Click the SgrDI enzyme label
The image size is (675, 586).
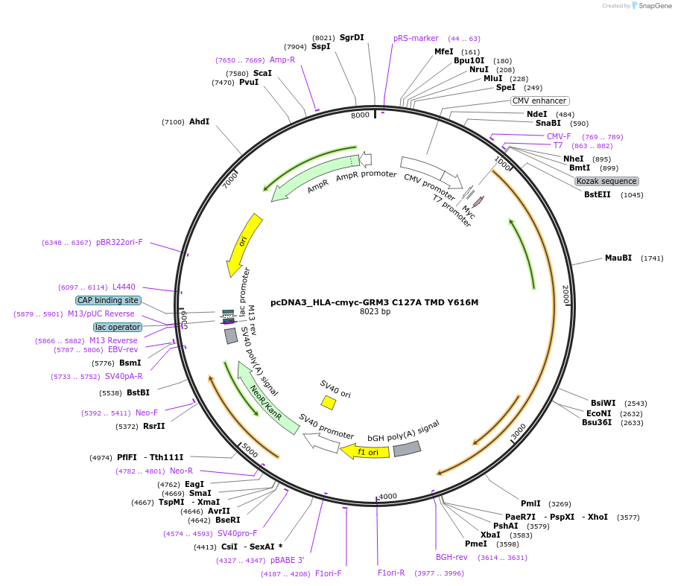[352, 37]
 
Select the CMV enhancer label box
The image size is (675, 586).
[540, 101]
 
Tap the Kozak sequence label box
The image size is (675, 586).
[606, 181]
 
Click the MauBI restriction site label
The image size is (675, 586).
[618, 258]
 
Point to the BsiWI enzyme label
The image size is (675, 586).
[603, 403]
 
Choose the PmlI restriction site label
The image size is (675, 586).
[531, 503]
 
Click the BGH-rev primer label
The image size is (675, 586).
[451, 556]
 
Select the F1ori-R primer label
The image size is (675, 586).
[391, 573]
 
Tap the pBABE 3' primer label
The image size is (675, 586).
[287, 560]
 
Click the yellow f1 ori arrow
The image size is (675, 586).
[365, 451]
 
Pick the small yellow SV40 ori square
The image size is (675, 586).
[328, 402]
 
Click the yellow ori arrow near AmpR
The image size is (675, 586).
[243, 244]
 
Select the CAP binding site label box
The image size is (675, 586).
[107, 300]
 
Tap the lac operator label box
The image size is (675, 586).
[117, 327]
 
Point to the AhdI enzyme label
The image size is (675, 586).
[199, 121]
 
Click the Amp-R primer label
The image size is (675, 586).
[282, 60]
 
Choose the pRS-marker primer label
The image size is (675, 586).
[416, 38]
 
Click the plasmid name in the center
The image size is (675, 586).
[374, 302]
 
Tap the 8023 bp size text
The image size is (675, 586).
[375, 312]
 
